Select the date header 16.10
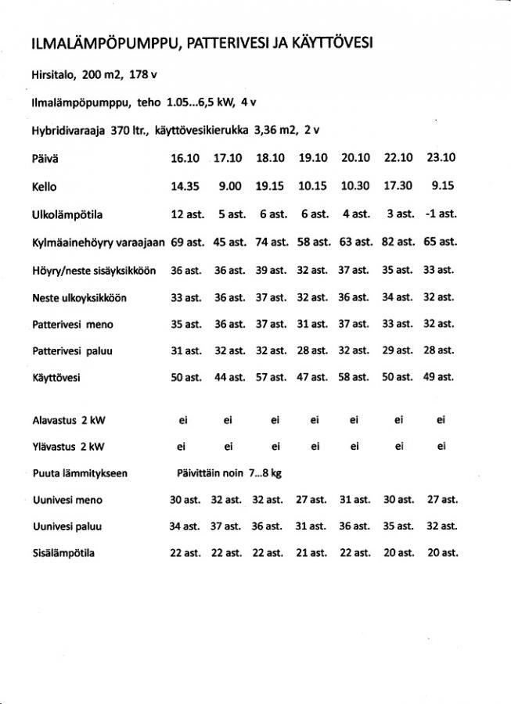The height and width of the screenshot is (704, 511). coord(185,158)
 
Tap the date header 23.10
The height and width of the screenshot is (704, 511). coord(441,158)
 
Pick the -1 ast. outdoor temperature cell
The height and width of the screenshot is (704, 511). coord(441,214)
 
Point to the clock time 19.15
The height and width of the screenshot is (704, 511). coord(271,186)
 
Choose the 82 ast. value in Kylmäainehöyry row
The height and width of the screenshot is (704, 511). coord(398,242)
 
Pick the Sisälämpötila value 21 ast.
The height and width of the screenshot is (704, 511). coord(313,553)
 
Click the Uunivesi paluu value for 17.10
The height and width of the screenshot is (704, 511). coord(228,526)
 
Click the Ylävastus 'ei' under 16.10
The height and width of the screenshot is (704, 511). coord(183,447)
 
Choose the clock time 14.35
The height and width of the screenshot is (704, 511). coord(185,186)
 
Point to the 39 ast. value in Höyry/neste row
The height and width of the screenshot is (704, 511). coord(271,270)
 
